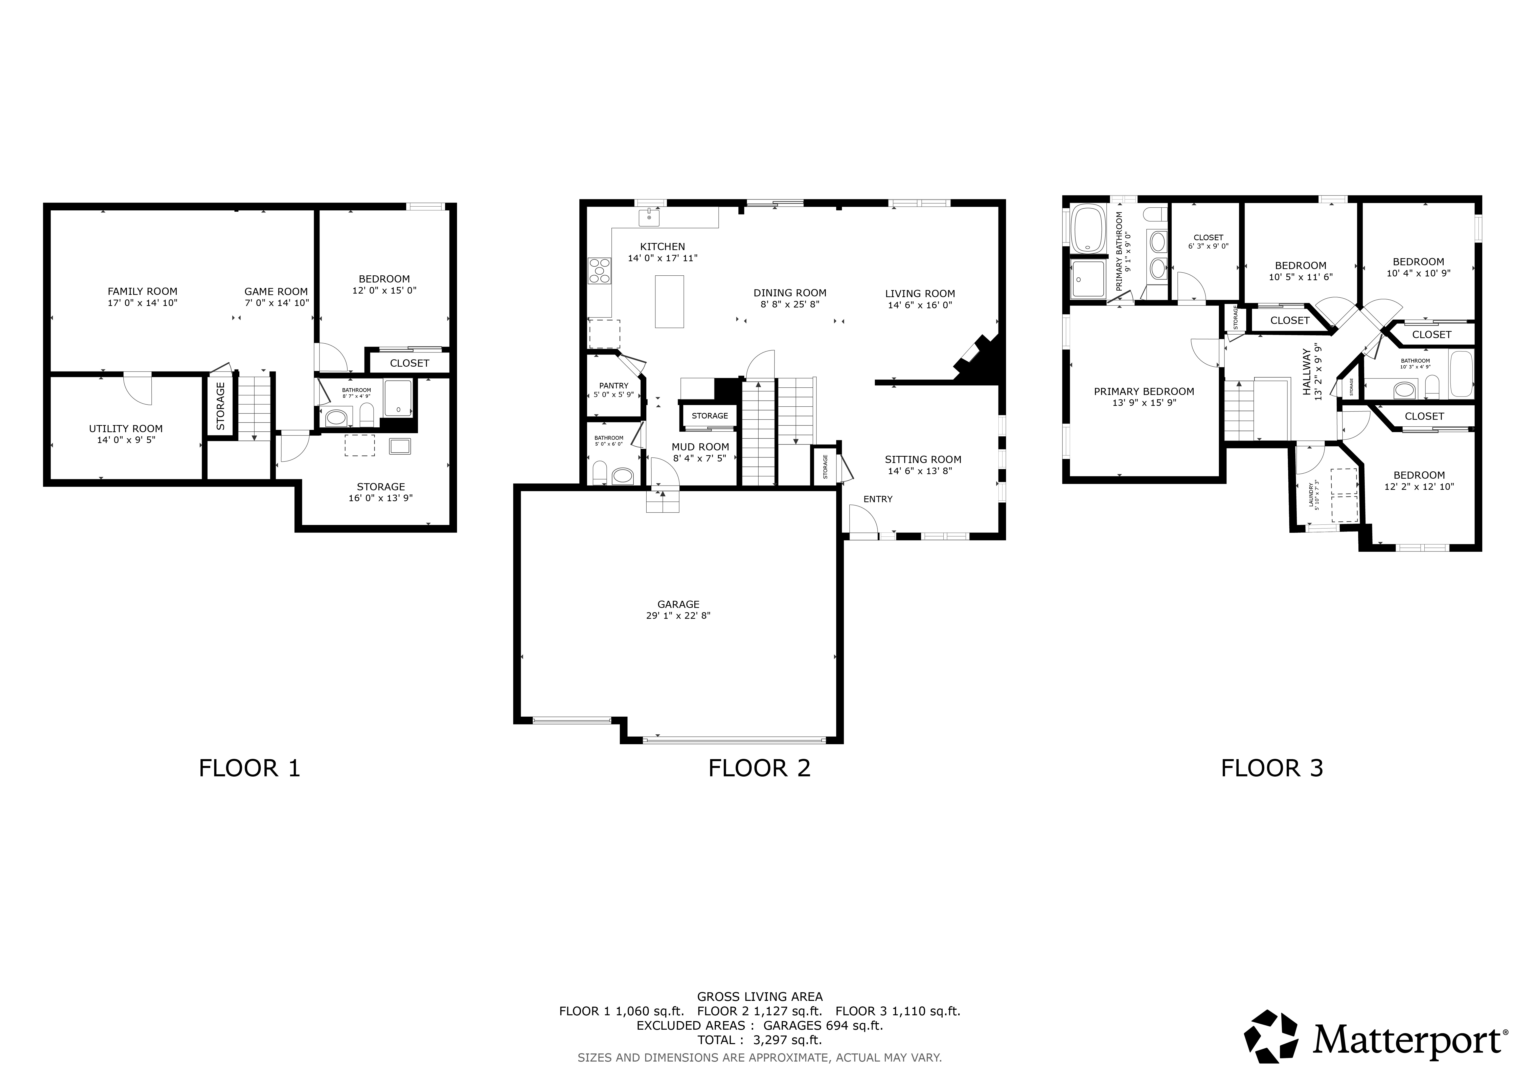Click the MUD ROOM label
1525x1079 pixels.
click(x=700, y=447)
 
